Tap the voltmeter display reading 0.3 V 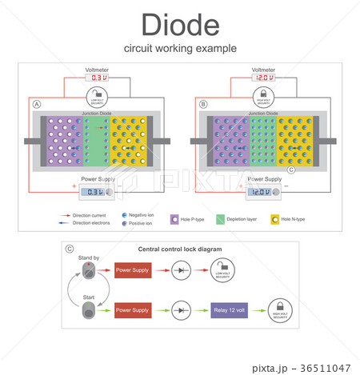(97, 78)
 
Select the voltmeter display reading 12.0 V (263, 78)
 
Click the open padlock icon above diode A (97, 97)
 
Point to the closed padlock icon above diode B (263, 97)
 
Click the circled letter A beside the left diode (36, 105)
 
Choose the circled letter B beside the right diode (202, 105)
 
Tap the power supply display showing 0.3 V (97, 191)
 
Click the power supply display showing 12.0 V (263, 191)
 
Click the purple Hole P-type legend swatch (174, 218)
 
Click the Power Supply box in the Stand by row (132, 270)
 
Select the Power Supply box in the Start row (132, 309)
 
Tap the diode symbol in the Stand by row (181, 270)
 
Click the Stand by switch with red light (87, 272)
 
